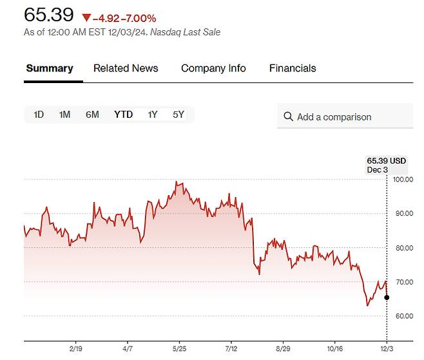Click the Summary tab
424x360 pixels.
pyautogui.click(x=50, y=68)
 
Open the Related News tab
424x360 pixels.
pyautogui.click(x=126, y=68)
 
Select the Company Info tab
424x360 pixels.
pyautogui.click(x=213, y=68)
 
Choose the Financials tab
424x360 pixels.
pyautogui.click(x=293, y=68)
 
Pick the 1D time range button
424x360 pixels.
pyautogui.click(x=39, y=115)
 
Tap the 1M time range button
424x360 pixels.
pyautogui.click(x=64, y=115)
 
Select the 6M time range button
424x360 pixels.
pyautogui.click(x=92, y=115)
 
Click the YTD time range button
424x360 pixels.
pyautogui.click(x=124, y=115)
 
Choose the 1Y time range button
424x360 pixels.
pyautogui.click(x=153, y=115)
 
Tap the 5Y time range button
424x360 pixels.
pyautogui.click(x=178, y=115)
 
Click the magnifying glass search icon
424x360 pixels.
pyautogui.click(x=288, y=117)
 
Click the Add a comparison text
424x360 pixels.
pyautogui.click(x=334, y=117)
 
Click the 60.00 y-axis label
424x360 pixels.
pyautogui.click(x=403, y=316)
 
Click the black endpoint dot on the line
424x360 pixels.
pyautogui.click(x=387, y=298)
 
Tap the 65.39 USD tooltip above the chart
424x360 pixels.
pyautogui.click(x=387, y=160)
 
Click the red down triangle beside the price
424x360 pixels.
pyautogui.click(x=87, y=18)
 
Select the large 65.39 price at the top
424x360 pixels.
pyautogui.click(x=49, y=15)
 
